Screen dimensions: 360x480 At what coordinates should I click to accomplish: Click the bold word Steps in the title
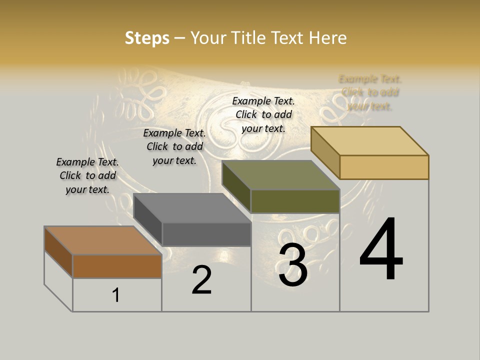pos(147,38)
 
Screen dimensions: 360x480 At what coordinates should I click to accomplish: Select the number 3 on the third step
pos(293,265)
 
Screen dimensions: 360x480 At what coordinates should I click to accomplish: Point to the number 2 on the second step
pos(202,280)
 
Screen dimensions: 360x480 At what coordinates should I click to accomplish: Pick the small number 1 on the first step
pos(115,295)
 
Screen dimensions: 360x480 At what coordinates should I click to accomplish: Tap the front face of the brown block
pos(117,266)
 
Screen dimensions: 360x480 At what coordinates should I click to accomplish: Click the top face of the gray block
pos(192,207)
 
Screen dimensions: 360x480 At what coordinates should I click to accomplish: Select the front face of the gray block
pos(206,234)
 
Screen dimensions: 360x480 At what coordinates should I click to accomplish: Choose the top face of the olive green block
pos(281,175)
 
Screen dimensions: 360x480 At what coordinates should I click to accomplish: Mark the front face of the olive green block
pos(295,201)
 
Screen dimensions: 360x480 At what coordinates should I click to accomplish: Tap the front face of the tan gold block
pos(384,167)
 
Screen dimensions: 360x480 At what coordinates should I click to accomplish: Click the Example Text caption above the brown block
pos(87,175)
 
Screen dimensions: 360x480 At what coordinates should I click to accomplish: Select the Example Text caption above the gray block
pos(174,146)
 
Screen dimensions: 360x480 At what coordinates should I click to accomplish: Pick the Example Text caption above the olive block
pos(263,114)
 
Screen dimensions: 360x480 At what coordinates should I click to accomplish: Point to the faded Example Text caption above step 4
pos(370,92)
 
